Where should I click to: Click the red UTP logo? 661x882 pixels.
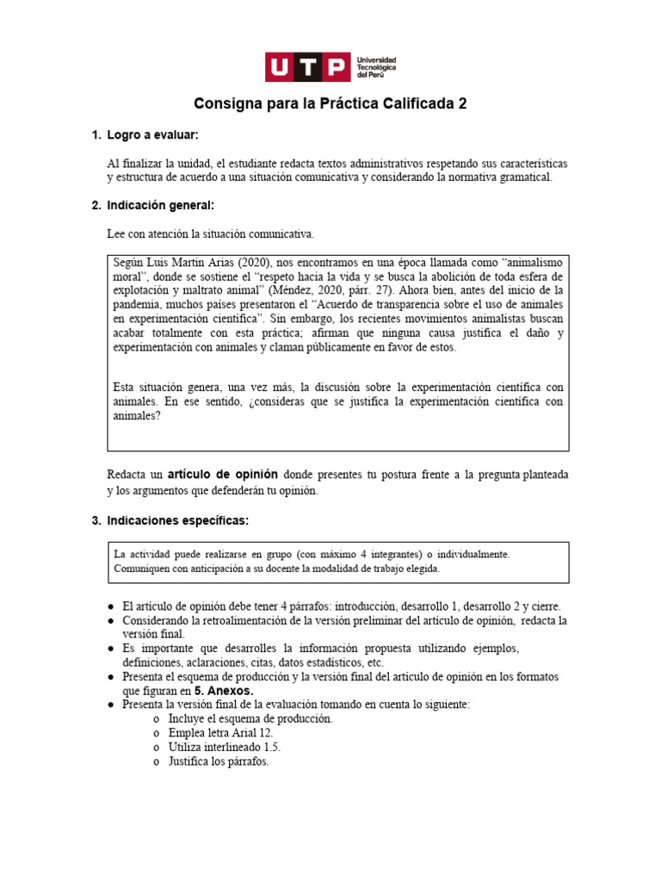point(307,67)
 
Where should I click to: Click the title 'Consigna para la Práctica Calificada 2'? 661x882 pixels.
point(330,104)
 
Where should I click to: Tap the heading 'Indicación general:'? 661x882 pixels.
point(160,206)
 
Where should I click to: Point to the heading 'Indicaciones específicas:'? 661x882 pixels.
point(177,521)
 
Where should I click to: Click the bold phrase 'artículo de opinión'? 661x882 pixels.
point(219,475)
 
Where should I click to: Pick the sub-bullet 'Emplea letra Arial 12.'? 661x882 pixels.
point(221,732)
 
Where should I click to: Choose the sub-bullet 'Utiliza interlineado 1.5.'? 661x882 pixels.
point(225,747)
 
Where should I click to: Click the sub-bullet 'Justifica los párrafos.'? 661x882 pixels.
point(219,761)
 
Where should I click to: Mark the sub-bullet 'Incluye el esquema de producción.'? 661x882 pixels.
point(250,718)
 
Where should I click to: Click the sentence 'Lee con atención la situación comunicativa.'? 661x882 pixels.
point(211,233)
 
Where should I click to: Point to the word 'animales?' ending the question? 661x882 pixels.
point(136,415)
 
